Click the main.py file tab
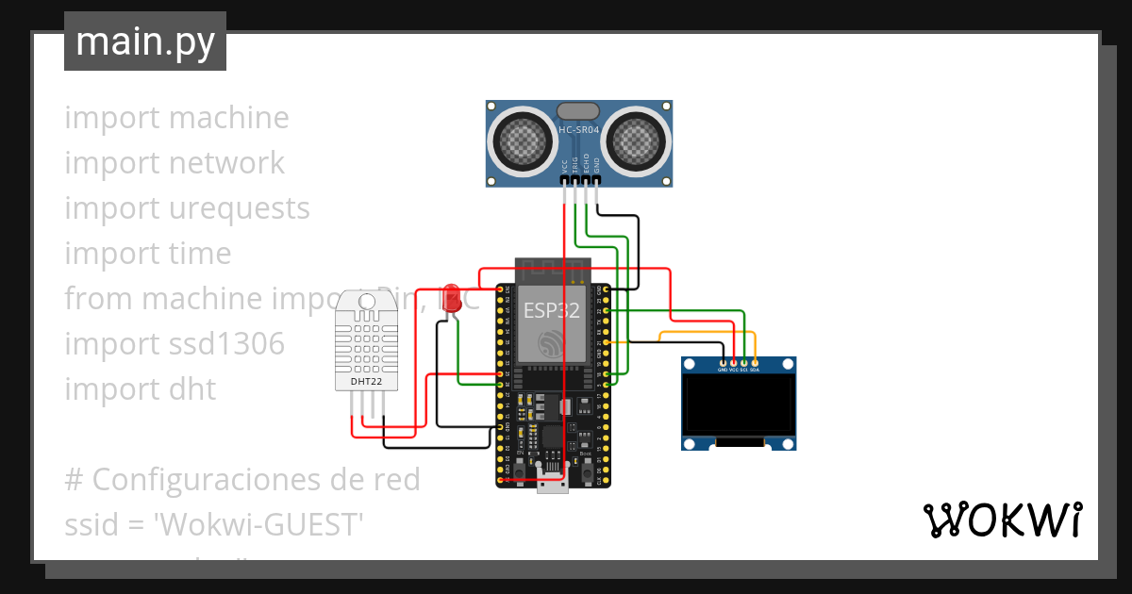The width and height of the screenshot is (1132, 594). tap(144, 41)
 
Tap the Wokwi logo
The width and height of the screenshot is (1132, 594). tap(1002, 520)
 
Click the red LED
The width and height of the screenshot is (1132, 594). tap(452, 295)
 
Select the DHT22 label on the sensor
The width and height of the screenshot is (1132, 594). tap(366, 382)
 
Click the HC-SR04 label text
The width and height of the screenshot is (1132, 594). tap(579, 128)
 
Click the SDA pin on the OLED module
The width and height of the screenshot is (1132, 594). tap(755, 364)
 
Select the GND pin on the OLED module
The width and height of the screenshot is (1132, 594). tap(723, 364)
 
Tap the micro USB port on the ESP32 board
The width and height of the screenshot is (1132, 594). tap(552, 484)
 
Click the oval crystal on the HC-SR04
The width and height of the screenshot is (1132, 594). tap(578, 112)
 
